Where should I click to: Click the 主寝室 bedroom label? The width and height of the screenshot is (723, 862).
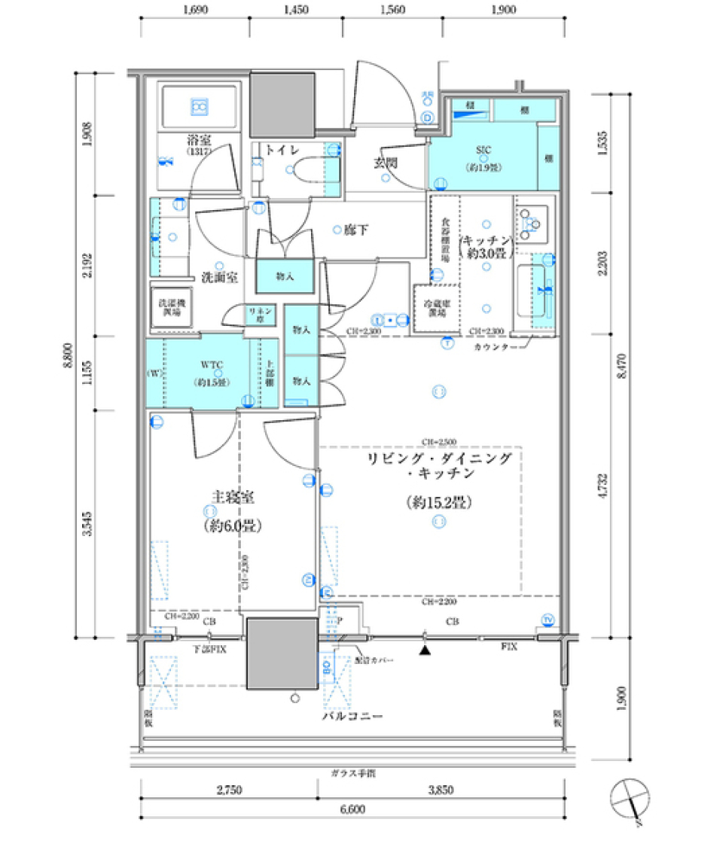point(231,498)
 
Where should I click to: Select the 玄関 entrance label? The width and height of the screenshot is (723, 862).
point(386,162)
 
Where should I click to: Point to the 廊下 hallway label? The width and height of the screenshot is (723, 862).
point(356,230)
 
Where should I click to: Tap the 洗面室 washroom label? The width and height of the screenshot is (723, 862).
point(219,277)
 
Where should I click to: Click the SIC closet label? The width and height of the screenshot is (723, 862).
point(483,149)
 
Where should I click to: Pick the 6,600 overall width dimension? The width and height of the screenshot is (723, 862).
point(352,809)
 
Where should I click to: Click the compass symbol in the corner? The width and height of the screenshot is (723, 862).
point(630,800)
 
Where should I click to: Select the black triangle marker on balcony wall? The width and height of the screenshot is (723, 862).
point(426,648)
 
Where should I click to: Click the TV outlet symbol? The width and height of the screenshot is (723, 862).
point(548,620)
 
